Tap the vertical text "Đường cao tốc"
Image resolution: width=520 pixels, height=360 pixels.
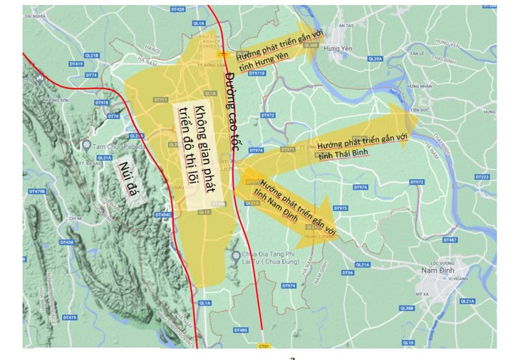click(229, 108)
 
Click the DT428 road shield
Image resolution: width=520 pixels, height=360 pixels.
click(180, 9)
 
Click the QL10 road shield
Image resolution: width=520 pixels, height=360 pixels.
click(408, 343)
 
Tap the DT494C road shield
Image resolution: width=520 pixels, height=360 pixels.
click(162, 215)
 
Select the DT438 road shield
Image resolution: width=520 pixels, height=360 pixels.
click(66, 242)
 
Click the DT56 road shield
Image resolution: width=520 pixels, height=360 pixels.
click(348, 272)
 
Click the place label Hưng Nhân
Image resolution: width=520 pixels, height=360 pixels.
click(415, 83)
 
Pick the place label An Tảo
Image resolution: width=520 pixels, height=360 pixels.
click(347, 25)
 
